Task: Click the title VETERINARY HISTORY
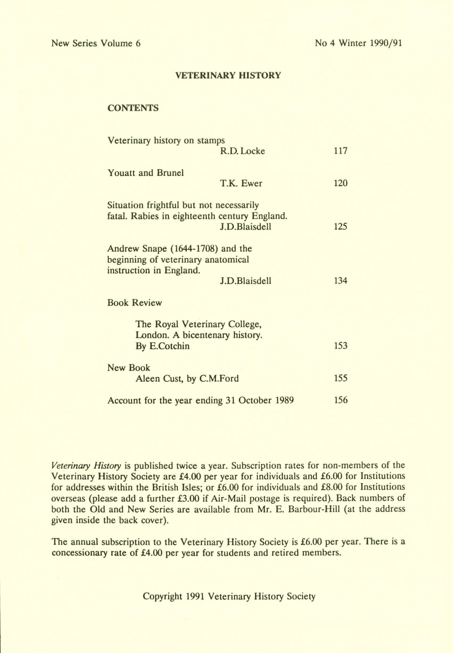[228, 75]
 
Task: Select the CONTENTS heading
[133, 108]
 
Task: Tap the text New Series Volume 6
[96, 43]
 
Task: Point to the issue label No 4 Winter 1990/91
[358, 43]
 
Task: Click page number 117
[340, 151]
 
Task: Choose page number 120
[340, 183]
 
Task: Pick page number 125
[340, 227]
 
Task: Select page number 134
[340, 281]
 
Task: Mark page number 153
[340, 346]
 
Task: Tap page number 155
[340, 378]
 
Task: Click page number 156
[340, 401]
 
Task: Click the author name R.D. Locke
[242, 151]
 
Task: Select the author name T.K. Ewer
[241, 183]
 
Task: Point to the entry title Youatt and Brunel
[145, 173]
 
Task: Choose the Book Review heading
[134, 303]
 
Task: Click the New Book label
[128, 368]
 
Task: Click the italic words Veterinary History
[86, 465]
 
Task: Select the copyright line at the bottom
[229, 596]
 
